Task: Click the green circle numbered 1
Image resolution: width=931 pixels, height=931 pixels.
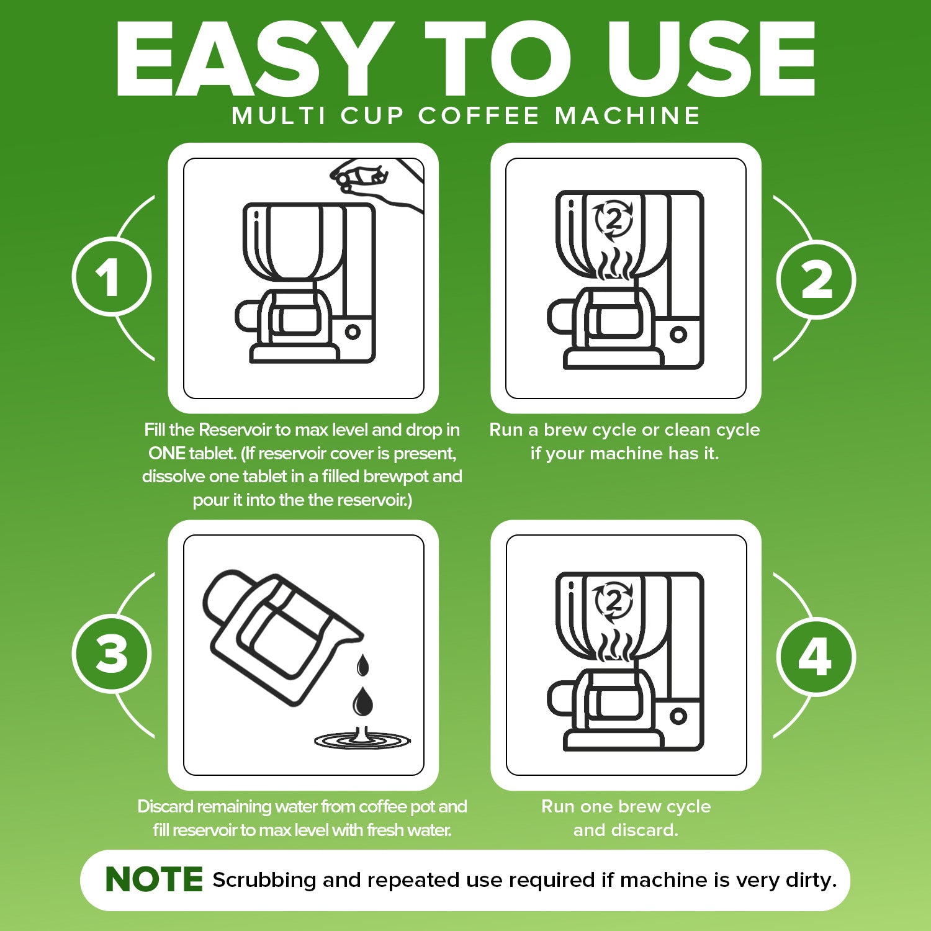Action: click(x=112, y=277)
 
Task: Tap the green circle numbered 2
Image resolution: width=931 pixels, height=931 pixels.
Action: click(x=816, y=279)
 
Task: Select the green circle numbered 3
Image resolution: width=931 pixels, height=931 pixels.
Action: click(x=112, y=654)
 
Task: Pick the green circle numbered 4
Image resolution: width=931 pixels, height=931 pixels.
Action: click(x=816, y=657)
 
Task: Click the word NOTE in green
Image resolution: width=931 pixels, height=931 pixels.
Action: click(x=154, y=879)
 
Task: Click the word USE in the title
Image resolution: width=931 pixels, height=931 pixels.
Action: click(x=711, y=60)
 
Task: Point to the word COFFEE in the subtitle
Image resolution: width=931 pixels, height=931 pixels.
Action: click(x=479, y=116)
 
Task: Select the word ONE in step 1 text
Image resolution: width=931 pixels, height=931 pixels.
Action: click(x=167, y=454)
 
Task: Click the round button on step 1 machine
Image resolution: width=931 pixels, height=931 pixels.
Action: click(x=353, y=332)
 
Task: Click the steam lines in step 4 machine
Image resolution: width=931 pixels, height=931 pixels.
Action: click(x=614, y=645)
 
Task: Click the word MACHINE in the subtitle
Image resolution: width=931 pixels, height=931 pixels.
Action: click(x=628, y=116)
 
